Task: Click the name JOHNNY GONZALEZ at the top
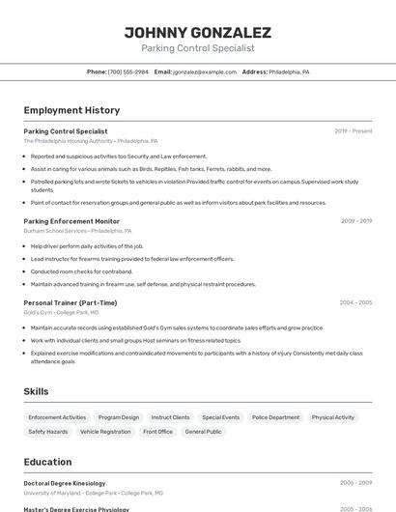pos(197,32)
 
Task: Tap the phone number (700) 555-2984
pos(128,71)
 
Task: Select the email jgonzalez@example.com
pos(205,71)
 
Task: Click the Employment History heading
pos(71,110)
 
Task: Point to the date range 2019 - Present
pos(354,130)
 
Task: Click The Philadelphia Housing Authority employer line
pos(90,141)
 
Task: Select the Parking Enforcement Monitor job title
pos(71,221)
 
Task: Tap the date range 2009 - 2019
pos(356,221)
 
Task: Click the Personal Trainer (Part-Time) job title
pos(71,302)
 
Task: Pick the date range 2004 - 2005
pos(355,302)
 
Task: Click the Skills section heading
pos(37,391)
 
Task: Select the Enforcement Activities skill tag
pos(57,417)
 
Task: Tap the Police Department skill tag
pos(275,417)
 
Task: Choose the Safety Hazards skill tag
pos(48,432)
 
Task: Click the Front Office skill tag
pos(157,432)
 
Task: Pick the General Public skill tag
pos(203,432)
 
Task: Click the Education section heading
pos(47,462)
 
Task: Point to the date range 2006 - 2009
pos(355,482)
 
